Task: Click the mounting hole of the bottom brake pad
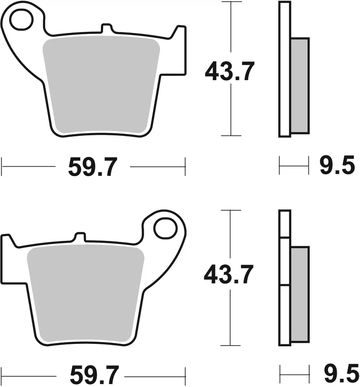pos(166,227)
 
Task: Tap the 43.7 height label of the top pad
pos(229,72)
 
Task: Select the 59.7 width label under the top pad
pos(92,167)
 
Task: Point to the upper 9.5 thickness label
pos(337,167)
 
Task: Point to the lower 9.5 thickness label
pos(337,373)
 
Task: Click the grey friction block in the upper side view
pos(300,86)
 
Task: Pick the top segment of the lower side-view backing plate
pos(285,224)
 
